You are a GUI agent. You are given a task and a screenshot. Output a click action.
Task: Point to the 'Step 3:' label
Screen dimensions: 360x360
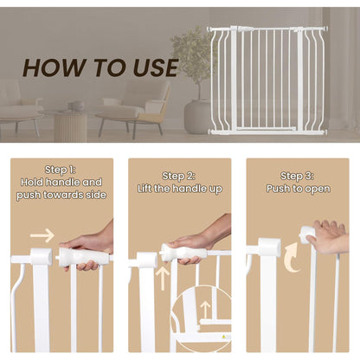click(297, 176)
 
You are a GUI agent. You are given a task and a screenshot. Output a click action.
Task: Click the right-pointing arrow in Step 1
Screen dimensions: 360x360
click(42, 235)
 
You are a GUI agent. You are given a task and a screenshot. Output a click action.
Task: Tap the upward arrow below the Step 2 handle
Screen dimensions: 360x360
click(164, 278)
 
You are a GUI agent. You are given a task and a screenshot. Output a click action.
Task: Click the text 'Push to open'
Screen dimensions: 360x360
click(297, 189)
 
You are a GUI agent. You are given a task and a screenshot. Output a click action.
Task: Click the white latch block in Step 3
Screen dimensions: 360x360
click(267, 248)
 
